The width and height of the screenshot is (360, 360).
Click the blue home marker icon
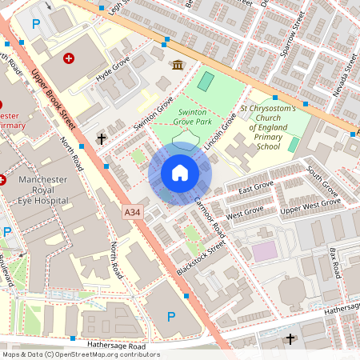pos(180,173)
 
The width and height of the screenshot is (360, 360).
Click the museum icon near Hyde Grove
pos(176,64)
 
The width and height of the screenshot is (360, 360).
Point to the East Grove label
pos(256,189)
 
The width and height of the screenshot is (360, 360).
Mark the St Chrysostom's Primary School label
pos(269,127)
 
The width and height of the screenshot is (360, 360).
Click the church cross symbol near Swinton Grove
pos(102,139)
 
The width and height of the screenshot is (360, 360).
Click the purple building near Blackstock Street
pos(264,251)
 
